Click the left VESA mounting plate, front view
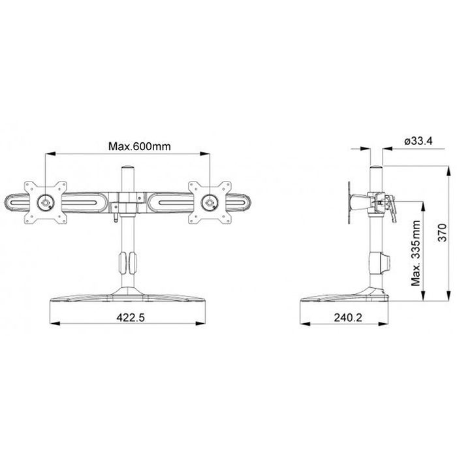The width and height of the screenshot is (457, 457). click(x=46, y=202)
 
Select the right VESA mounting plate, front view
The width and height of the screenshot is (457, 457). click(x=210, y=202)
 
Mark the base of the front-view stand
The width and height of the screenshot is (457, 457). click(x=128, y=300)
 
